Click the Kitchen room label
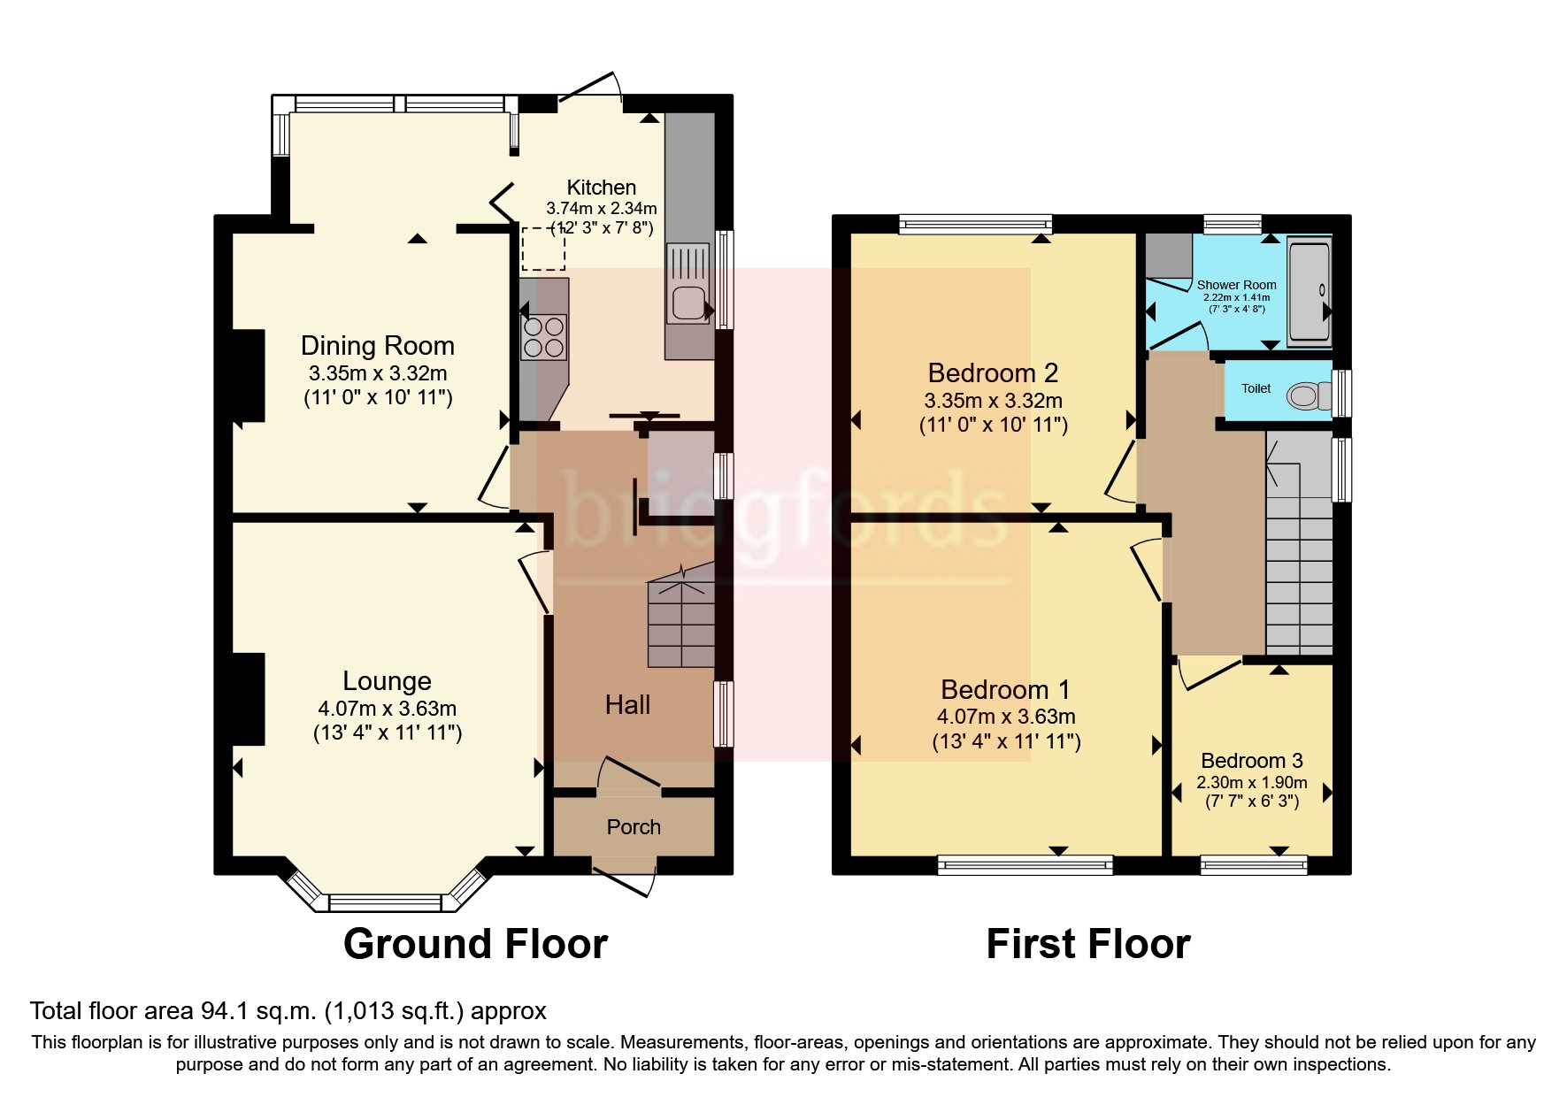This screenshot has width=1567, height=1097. [601, 188]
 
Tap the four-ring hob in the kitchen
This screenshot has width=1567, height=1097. [544, 337]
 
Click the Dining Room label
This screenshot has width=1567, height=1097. [378, 346]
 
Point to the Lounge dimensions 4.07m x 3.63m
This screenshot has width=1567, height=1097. [387, 709]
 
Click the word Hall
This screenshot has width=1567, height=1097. [627, 705]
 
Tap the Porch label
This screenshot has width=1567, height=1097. [634, 827]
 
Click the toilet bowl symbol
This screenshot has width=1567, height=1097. [1305, 395]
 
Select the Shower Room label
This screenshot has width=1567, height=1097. [1236, 285]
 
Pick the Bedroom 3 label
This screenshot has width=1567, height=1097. [1251, 761]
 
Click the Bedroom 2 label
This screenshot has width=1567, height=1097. [993, 373]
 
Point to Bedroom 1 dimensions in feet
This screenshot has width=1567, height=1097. [1006, 741]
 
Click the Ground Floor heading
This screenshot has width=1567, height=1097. [475, 944]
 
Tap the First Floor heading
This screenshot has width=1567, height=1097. [1087, 944]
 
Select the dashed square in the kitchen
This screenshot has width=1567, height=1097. [542, 248]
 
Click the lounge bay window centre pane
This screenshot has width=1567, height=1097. [385, 902]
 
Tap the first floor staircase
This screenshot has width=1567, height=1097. [1299, 566]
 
